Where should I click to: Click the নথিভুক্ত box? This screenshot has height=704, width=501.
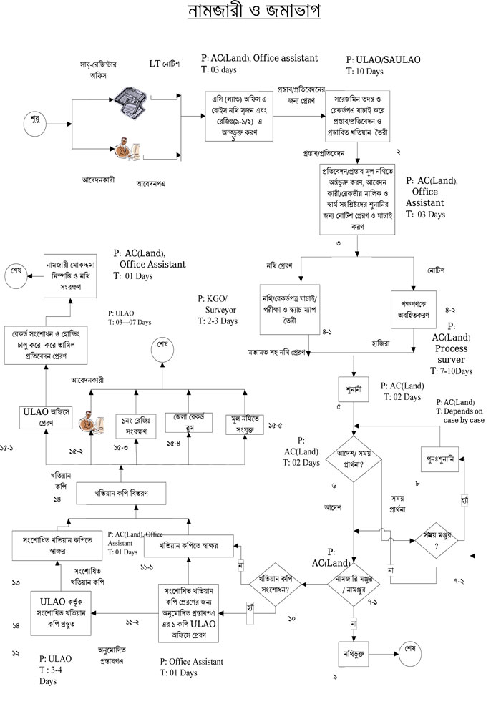356,652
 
